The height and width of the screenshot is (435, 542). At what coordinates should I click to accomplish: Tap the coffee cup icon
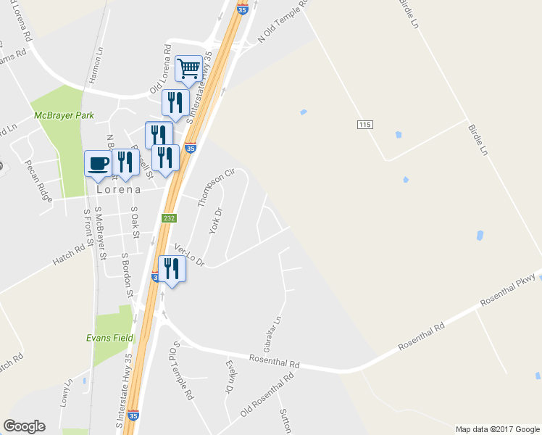click(x=98, y=164)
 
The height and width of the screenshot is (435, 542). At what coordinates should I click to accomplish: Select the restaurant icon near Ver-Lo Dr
click(x=171, y=269)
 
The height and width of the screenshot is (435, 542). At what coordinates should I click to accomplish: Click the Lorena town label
click(x=118, y=188)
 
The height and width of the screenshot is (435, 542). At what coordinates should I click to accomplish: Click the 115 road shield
click(x=364, y=125)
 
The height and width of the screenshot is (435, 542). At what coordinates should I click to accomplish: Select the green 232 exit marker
click(x=168, y=217)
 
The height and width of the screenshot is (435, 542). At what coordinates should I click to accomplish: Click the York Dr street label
click(x=214, y=220)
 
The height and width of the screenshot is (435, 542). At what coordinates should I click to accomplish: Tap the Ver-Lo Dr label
click(x=190, y=254)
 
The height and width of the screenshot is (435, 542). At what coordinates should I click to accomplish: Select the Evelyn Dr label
click(x=230, y=377)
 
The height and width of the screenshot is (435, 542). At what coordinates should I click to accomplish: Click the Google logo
click(x=24, y=426)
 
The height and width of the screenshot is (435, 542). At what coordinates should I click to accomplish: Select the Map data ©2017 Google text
click(x=497, y=429)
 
